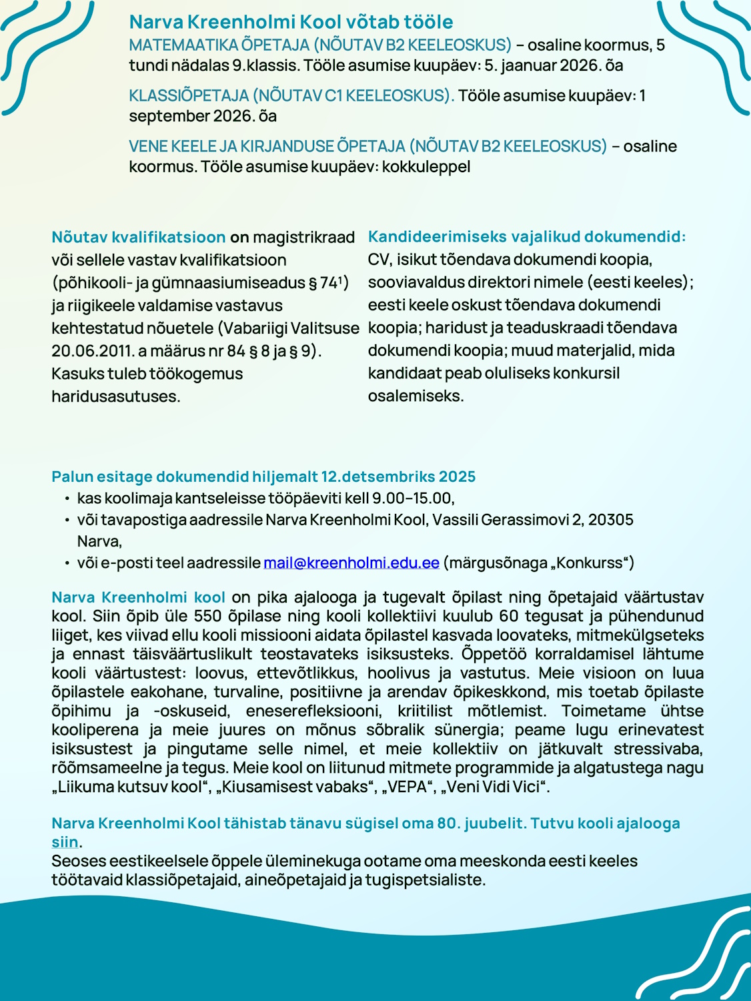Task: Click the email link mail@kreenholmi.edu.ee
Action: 351,563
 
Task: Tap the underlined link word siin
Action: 65,842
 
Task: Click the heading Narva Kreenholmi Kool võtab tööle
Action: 291,22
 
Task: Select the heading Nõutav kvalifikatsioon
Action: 139,237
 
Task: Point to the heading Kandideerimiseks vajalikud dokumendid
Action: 526,236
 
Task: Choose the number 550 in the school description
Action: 207,615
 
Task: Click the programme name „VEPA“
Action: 407,787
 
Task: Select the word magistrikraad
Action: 304,237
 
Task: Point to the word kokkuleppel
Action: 426,166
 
